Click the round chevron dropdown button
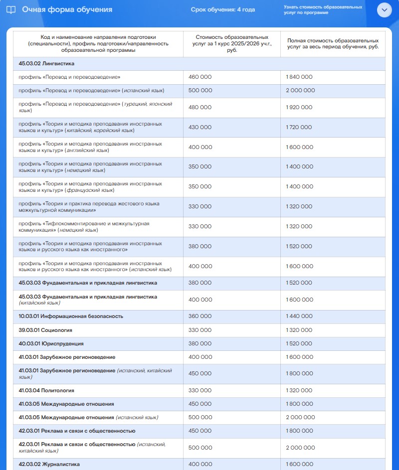tap(385, 10)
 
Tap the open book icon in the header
tap(10, 10)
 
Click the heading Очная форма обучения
tap(67, 10)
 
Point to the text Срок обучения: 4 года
tap(222, 10)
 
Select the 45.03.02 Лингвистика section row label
tap(46, 64)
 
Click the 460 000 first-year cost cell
tap(200, 77)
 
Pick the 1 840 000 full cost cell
tap(299, 77)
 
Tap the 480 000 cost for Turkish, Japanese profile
tap(200, 107)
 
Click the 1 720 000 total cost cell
tap(299, 127)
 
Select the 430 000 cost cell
tap(200, 127)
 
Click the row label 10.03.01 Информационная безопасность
tap(71, 316)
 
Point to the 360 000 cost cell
tap(200, 316)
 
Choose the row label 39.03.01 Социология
tap(45, 330)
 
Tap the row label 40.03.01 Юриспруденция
tap(51, 344)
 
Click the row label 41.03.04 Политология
tap(46, 390)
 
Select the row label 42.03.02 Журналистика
tap(49, 465)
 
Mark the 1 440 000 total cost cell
tap(299, 316)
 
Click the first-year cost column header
tap(232, 43)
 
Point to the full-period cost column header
tap(333, 43)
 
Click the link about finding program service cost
tap(323, 10)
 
